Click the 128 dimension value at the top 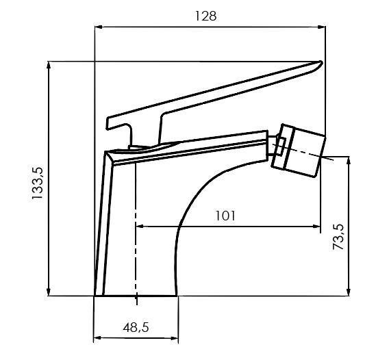205,16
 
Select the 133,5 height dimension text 38,183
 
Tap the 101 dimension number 225,216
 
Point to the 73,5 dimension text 338,237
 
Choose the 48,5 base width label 136,327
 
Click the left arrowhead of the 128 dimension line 99,27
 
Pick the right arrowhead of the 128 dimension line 322,27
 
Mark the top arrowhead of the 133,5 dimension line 49,65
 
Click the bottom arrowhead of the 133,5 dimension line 49,292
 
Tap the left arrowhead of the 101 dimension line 140,226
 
